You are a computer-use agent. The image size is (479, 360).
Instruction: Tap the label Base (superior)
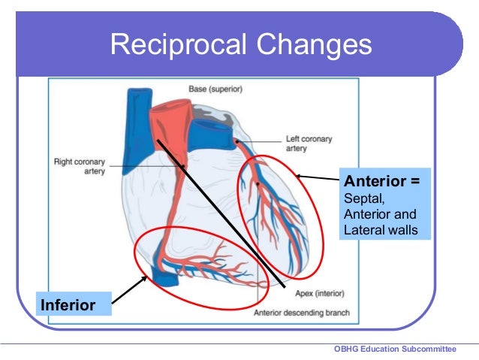pos(215,89)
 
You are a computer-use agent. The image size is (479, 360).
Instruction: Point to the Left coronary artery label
pos(309,144)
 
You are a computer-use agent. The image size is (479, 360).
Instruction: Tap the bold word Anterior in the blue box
pos(376,182)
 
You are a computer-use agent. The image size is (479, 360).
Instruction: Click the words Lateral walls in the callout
pos(380,229)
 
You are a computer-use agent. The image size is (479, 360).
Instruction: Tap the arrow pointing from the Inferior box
pos(130,290)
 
